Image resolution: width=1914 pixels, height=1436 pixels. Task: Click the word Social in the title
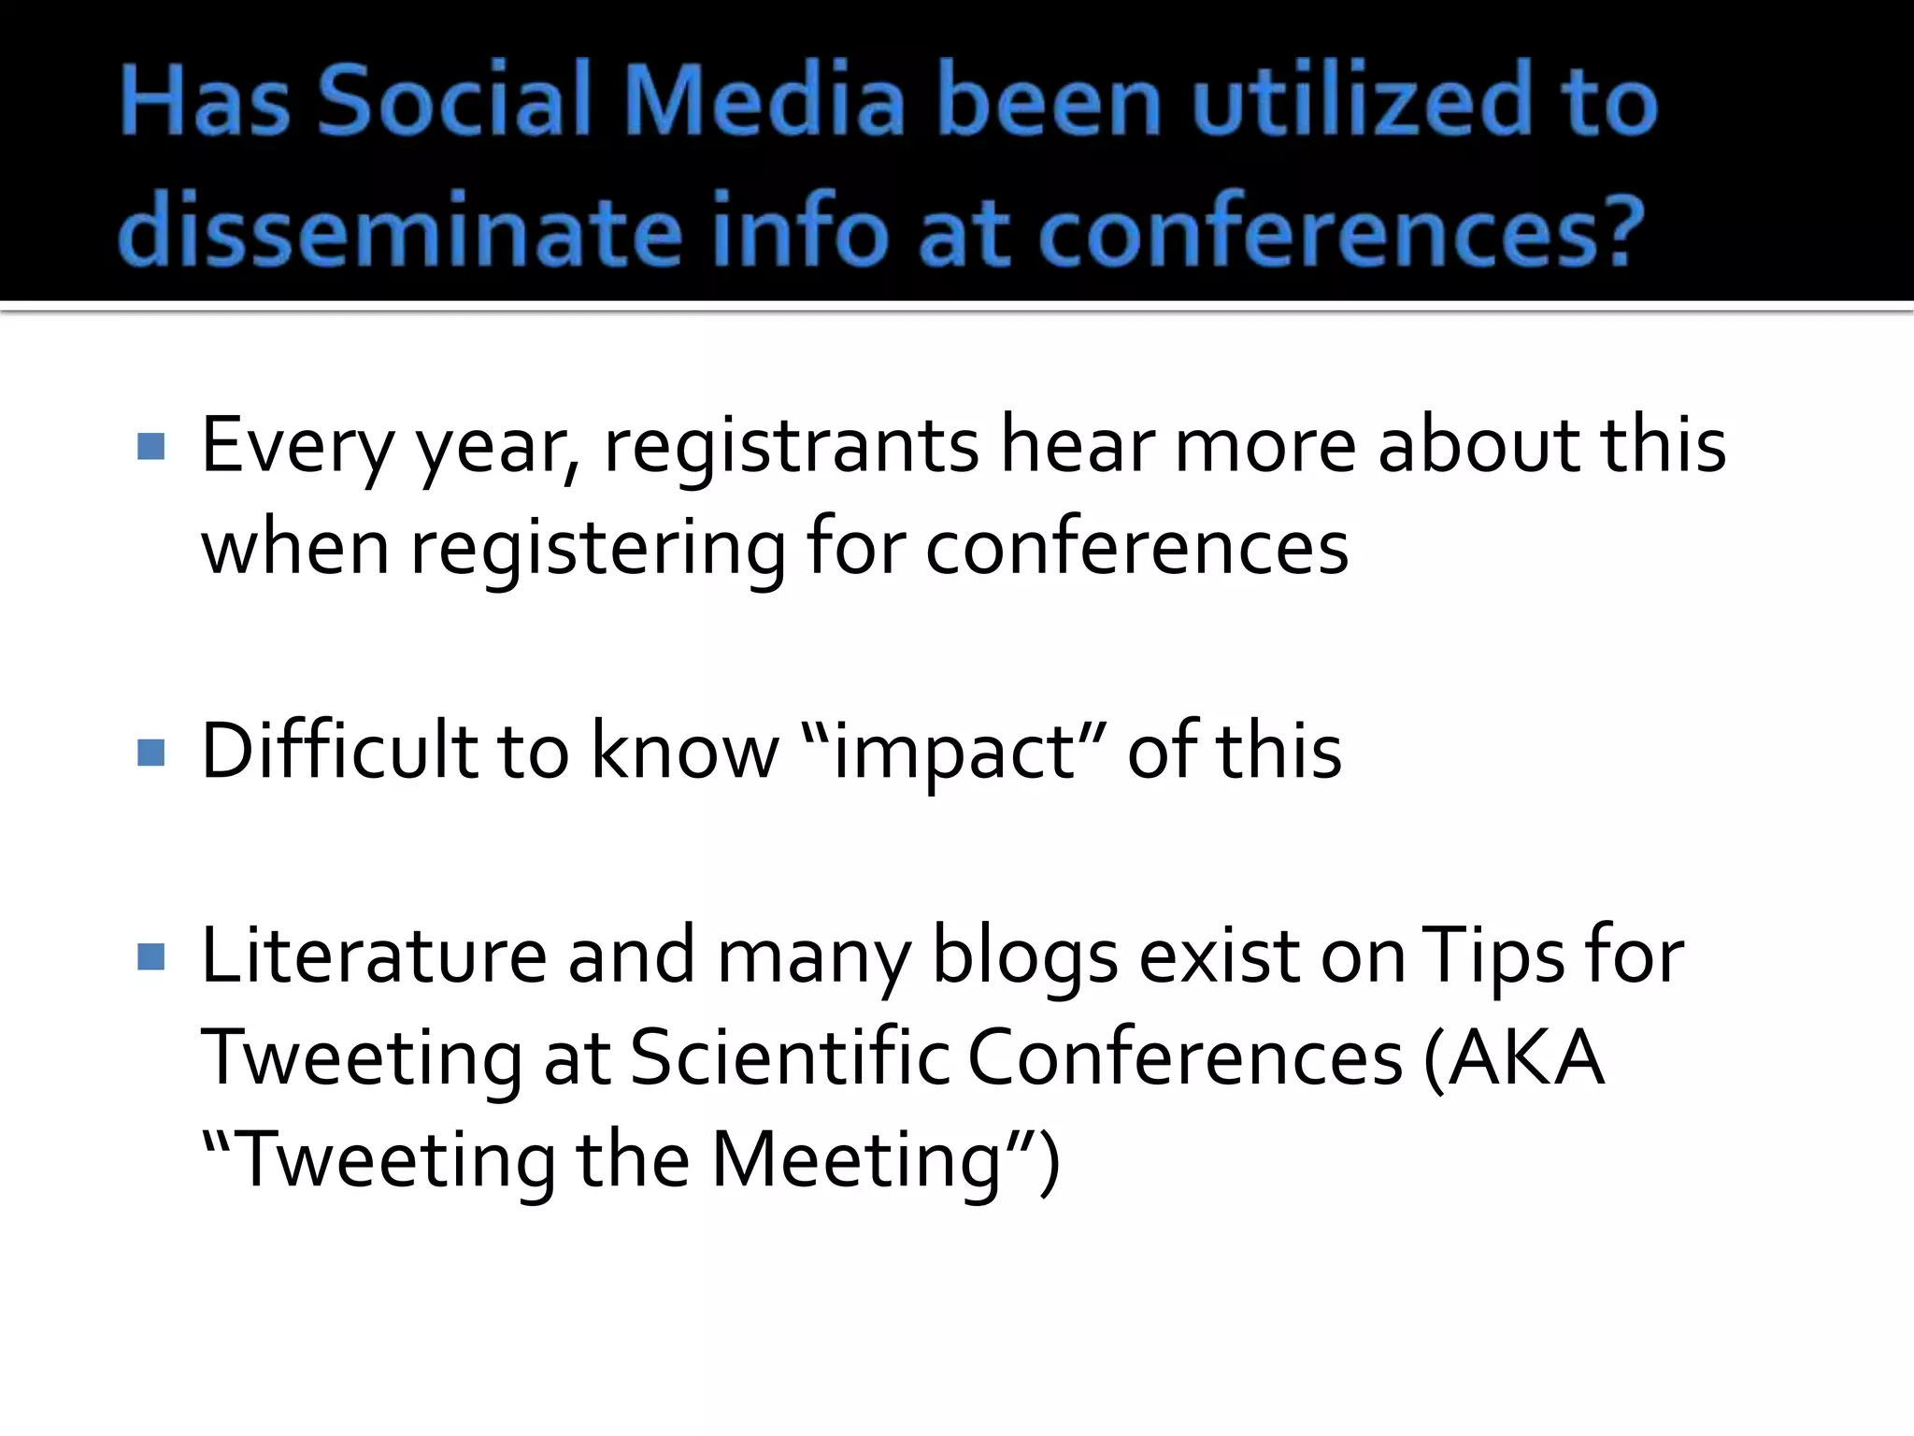pos(454,101)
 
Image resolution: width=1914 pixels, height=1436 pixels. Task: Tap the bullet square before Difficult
pos(150,752)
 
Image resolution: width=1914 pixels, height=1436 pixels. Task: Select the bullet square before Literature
pos(150,956)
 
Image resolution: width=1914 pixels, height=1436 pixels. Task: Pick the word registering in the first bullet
pos(598,550)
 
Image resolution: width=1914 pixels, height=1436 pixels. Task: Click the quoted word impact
pos(953,754)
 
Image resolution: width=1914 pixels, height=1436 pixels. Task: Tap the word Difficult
pos(337,752)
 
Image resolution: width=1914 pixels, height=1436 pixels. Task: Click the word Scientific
pos(790,1058)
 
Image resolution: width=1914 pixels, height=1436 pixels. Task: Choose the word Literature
pos(373,956)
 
